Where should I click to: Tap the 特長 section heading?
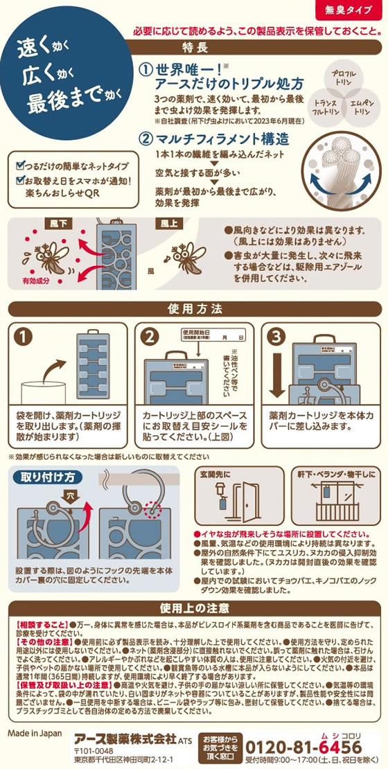(195, 48)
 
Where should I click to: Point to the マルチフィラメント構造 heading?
(223, 139)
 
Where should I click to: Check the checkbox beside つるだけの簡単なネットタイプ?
(19, 167)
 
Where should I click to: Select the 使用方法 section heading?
(194, 308)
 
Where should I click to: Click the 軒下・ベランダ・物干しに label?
(336, 474)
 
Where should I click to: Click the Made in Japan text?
(35, 732)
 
